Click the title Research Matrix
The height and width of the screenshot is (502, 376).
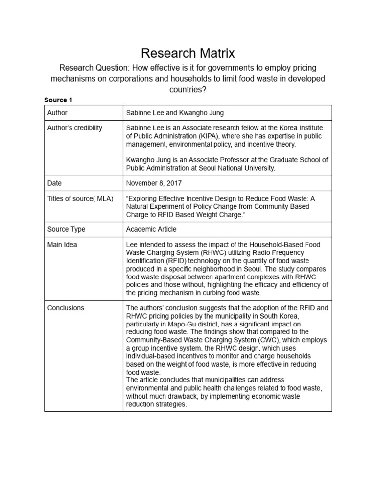(188, 53)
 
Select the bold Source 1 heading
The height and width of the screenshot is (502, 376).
(58, 100)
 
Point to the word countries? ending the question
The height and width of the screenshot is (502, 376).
(188, 90)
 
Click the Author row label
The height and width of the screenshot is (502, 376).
(57, 113)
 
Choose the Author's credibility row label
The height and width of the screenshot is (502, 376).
(75, 128)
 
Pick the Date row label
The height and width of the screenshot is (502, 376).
(55, 183)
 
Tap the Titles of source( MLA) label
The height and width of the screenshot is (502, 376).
(80, 199)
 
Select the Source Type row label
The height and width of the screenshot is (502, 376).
(66, 229)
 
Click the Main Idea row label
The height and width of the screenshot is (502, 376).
(62, 244)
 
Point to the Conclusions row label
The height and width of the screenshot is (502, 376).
(66, 308)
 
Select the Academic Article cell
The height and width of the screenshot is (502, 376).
(151, 229)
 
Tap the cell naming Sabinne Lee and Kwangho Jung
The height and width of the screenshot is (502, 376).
(175, 113)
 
